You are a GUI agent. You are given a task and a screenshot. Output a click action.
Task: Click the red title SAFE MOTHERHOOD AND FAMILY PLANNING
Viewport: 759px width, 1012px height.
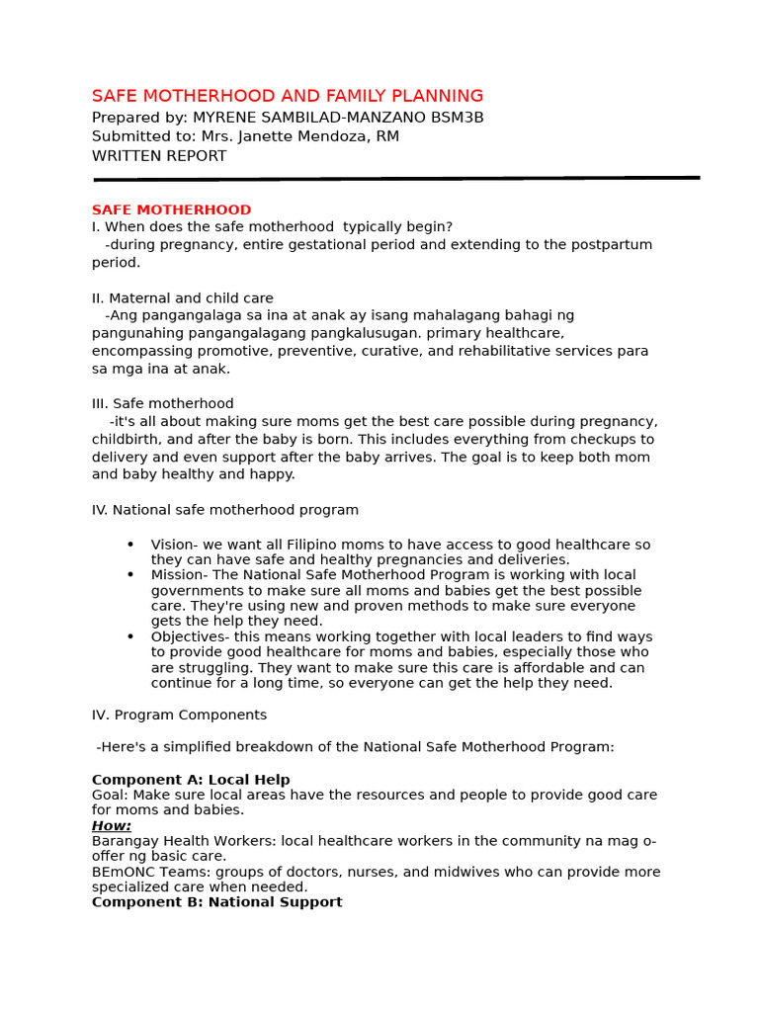tap(288, 96)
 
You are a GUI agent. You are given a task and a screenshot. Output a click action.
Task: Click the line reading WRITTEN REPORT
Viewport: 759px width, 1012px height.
tap(159, 156)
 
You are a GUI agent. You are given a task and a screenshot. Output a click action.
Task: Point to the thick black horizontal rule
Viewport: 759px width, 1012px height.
tap(396, 179)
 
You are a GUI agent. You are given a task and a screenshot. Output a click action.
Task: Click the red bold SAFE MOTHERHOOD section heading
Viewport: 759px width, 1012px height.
tap(171, 211)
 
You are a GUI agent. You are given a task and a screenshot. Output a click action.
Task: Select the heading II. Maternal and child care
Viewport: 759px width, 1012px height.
tap(183, 298)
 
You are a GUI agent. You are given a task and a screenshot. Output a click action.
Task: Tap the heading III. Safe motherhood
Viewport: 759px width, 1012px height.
tap(163, 404)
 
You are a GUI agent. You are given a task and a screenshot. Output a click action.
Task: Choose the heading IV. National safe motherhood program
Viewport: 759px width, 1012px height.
tap(225, 510)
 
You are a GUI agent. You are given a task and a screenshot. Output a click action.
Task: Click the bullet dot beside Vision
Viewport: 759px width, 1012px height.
tap(130, 545)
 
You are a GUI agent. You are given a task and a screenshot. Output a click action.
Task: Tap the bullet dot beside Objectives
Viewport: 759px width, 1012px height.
tap(130, 636)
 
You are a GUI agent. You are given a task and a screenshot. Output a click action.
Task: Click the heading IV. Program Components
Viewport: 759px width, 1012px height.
tap(179, 715)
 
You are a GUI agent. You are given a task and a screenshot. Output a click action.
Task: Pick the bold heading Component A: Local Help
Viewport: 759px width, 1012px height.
tap(191, 780)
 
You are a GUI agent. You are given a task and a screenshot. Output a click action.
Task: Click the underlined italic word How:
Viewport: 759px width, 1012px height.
tap(112, 826)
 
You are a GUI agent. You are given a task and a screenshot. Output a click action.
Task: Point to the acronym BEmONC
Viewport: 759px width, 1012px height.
tap(121, 872)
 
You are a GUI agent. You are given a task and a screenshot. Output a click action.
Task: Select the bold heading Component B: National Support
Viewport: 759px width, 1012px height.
tap(217, 902)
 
